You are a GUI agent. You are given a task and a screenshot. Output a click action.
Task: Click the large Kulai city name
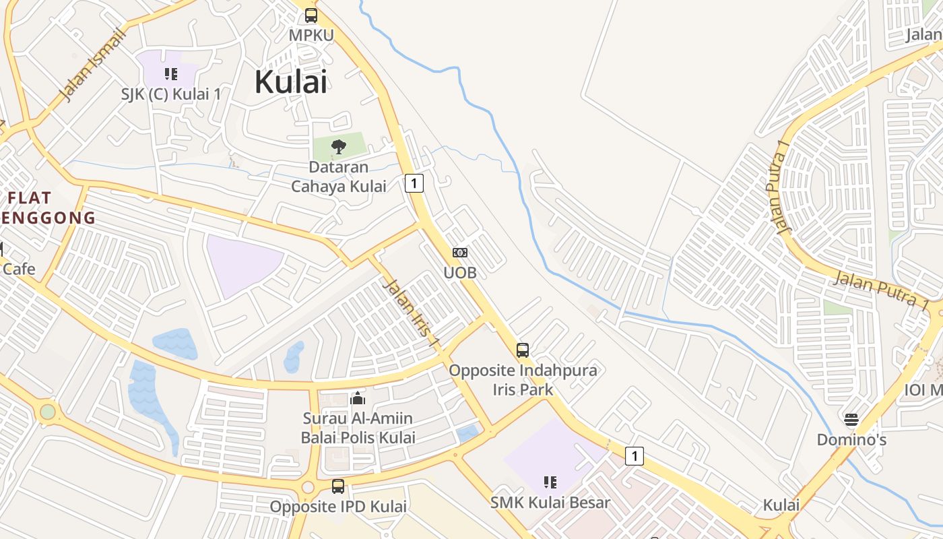point(291,82)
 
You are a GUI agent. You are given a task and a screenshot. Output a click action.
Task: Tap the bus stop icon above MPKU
point(311,15)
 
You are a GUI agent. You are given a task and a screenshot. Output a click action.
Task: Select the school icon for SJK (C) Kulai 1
point(171,73)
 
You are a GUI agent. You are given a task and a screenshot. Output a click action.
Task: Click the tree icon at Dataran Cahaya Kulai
point(339,146)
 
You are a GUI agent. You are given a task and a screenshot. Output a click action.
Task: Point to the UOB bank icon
point(460,253)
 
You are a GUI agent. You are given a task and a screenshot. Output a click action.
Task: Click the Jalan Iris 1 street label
point(410,314)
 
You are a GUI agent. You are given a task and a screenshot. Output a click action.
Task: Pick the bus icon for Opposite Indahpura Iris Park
point(523,350)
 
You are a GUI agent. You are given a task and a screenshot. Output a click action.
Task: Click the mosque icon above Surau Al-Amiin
point(358,399)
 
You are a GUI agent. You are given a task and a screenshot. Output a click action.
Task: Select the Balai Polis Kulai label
point(358,437)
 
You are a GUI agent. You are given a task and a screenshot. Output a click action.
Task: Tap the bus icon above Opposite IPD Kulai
point(338,486)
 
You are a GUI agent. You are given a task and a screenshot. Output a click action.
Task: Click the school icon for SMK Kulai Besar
point(550,482)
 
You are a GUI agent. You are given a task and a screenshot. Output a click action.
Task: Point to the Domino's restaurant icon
point(851,420)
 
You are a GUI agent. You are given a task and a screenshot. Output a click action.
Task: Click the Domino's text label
point(851,440)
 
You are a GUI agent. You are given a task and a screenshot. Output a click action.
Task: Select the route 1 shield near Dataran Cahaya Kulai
point(414,183)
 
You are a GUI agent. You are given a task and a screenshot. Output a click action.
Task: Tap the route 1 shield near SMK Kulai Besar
point(634,456)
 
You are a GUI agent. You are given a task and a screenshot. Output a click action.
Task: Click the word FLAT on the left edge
point(30,198)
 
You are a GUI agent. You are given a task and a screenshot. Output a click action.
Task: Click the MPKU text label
point(311,35)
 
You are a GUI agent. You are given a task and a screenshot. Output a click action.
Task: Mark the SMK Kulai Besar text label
point(550,503)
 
